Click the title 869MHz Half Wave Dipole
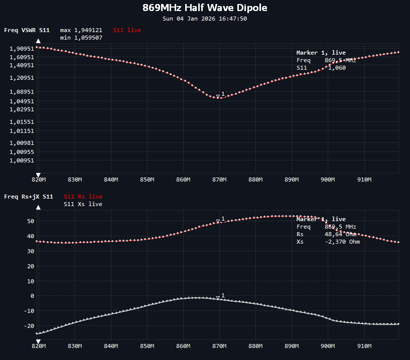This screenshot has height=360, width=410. pyautogui.click(x=205, y=8)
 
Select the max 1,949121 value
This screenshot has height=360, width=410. pyautogui.click(x=81, y=30)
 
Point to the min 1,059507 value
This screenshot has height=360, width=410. pyautogui.click(x=81, y=38)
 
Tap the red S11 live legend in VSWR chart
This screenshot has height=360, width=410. pyautogui.click(x=127, y=30)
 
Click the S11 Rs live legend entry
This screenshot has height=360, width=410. pyautogui.click(x=83, y=197)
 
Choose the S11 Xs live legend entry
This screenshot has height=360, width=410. pyautogui.click(x=83, y=204)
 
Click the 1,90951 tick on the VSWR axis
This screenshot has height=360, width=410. pyautogui.click(x=21, y=49)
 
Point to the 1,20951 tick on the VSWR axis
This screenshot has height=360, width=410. pyautogui.click(x=21, y=78)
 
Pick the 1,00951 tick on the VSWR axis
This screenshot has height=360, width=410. pyautogui.click(x=21, y=161)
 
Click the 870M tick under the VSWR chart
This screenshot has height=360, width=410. pyautogui.click(x=219, y=179)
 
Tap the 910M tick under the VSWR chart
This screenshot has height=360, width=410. pyautogui.click(x=364, y=179)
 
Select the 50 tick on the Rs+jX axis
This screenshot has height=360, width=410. pyautogui.click(x=31, y=221)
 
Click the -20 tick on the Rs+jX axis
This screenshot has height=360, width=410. pyautogui.click(x=29, y=326)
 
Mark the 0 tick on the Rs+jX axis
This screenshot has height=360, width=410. pyautogui.click(x=32, y=296)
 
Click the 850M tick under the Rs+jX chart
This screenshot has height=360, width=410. pyautogui.click(x=147, y=345)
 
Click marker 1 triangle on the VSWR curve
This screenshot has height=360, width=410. pyautogui.click(x=218, y=96)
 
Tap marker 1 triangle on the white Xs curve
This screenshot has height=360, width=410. pyautogui.click(x=218, y=297)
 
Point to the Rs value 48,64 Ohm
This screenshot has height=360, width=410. pyautogui.click(x=341, y=234)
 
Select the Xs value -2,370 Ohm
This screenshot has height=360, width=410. pyautogui.click(x=342, y=242)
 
